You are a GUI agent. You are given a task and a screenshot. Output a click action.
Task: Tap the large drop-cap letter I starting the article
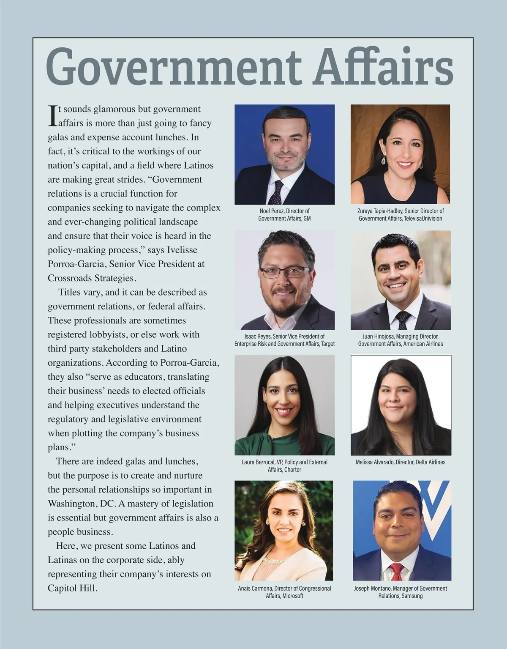(x=53, y=116)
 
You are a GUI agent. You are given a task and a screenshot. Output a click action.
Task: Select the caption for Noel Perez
(x=284, y=214)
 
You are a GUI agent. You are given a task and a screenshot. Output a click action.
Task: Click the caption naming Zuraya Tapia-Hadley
(x=401, y=214)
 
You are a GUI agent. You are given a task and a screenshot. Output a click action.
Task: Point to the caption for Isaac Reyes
(x=284, y=340)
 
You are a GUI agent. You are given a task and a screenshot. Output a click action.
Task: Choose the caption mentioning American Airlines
(x=401, y=340)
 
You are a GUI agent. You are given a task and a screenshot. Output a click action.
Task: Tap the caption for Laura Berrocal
(x=284, y=466)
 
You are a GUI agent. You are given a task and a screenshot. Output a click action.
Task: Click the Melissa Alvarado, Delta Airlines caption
(x=401, y=462)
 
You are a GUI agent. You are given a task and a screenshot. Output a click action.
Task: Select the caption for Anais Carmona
(x=284, y=592)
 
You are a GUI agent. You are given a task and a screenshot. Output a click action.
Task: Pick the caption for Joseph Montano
(x=401, y=592)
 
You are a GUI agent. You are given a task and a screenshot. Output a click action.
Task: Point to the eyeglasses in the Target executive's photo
(x=284, y=272)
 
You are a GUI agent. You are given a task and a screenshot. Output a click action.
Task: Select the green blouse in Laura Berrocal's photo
(x=284, y=444)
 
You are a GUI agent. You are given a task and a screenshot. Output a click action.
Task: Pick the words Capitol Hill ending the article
(x=72, y=588)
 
